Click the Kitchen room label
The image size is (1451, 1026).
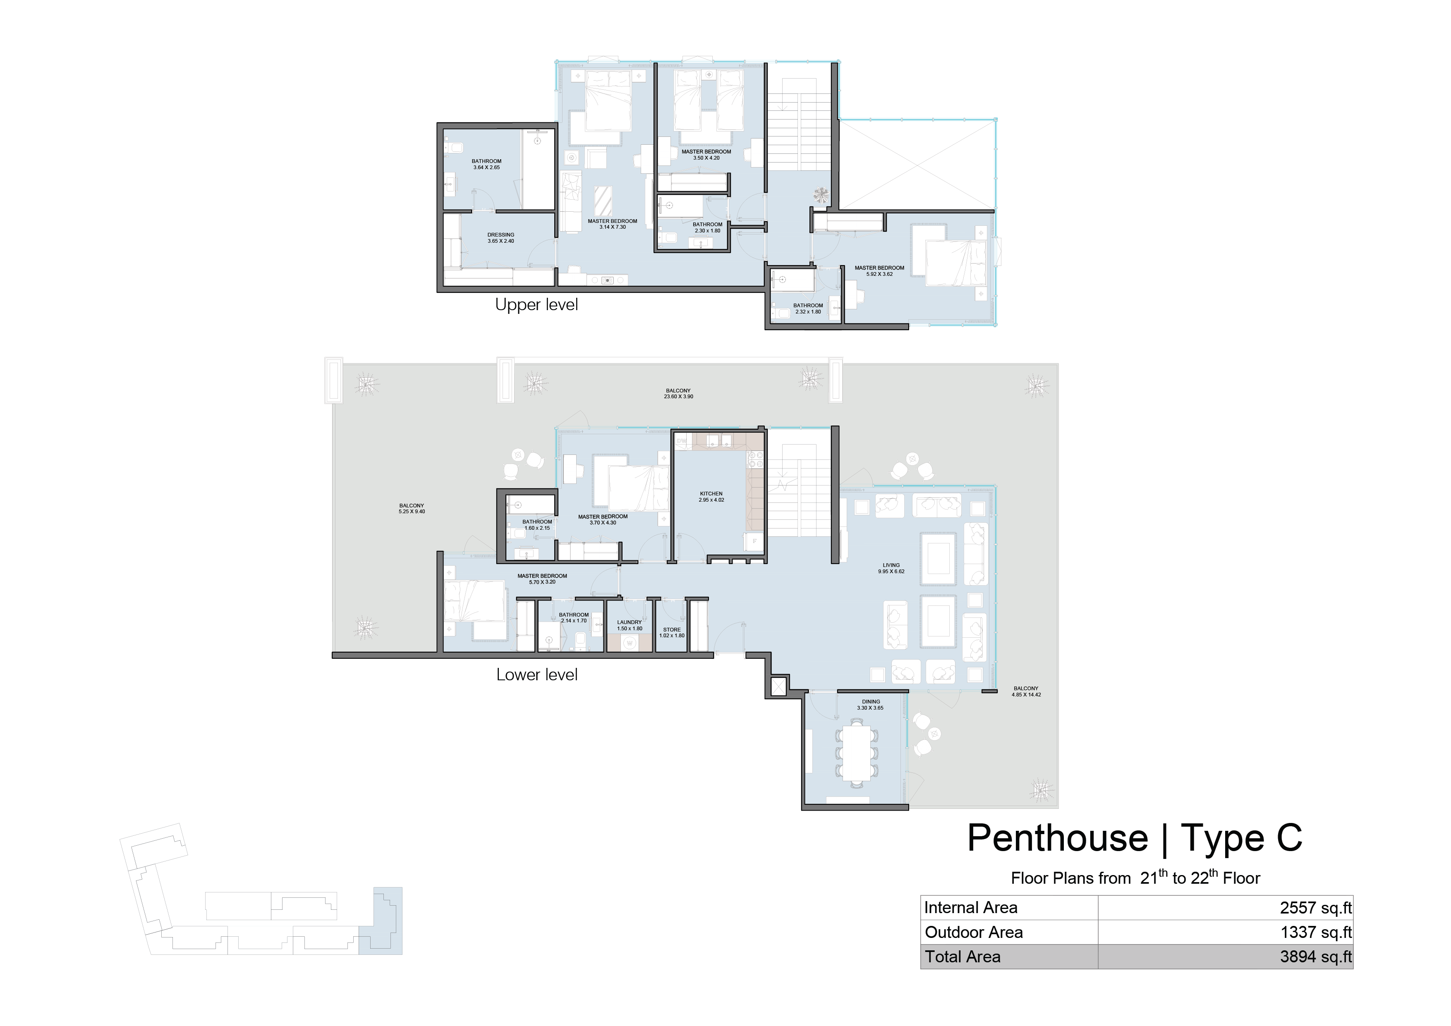click(711, 497)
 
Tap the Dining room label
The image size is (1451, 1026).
click(870, 704)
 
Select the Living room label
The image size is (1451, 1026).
click(891, 568)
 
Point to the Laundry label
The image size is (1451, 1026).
click(630, 625)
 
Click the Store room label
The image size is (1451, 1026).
click(672, 632)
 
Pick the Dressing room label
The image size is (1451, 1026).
click(500, 237)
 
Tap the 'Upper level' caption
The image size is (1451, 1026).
click(536, 304)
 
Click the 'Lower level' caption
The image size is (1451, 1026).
click(536, 675)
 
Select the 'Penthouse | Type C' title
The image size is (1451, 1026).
click(1135, 838)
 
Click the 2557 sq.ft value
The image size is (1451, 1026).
click(1316, 908)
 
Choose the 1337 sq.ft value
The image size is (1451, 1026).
click(1316, 933)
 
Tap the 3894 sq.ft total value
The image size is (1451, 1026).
click(1316, 957)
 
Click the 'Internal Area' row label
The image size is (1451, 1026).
click(971, 908)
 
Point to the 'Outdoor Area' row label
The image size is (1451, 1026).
click(974, 933)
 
